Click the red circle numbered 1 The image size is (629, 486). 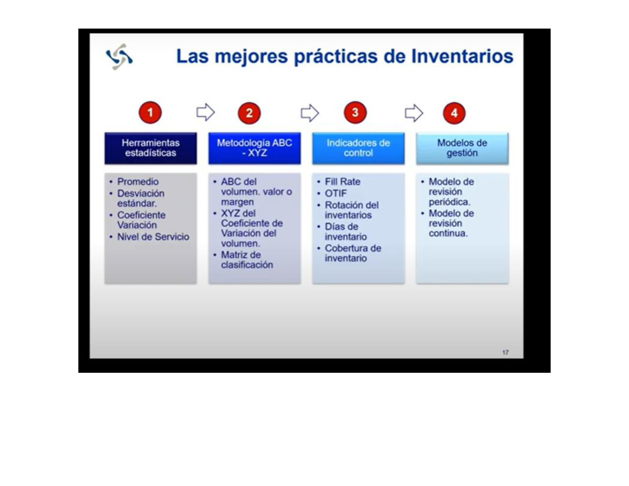(150, 112)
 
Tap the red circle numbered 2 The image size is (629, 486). (249, 113)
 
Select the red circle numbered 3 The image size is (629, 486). (355, 112)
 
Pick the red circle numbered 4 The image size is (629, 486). (454, 113)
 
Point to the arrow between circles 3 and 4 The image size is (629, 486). (414, 112)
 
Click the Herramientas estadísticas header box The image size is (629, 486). (150, 148)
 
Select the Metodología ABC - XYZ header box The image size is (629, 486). (254, 148)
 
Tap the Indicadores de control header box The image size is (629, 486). (358, 148)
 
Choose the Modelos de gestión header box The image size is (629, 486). (462, 148)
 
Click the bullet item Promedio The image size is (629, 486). (138, 182)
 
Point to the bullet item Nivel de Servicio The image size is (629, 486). (153, 237)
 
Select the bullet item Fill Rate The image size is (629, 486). (342, 182)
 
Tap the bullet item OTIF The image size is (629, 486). (336, 193)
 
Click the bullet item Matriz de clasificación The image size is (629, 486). (246, 260)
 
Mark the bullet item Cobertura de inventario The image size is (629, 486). (352, 253)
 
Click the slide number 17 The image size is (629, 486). (505, 352)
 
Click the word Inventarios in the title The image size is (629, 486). (462, 57)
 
